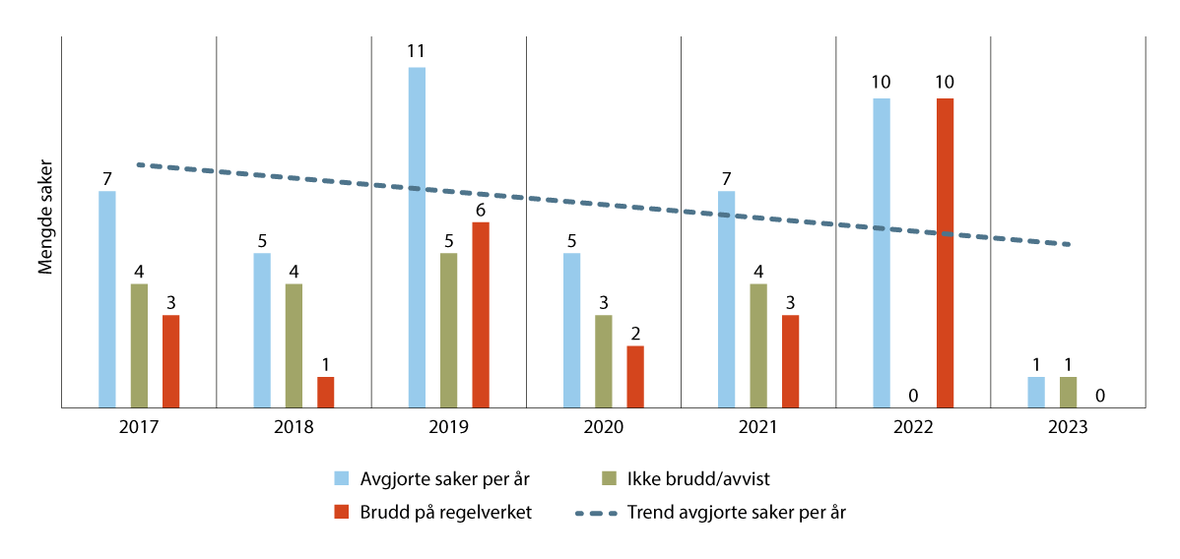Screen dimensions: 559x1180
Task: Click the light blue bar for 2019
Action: (417, 236)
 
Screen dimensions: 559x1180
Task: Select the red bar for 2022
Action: (945, 252)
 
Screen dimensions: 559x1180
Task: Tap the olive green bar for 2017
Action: (139, 344)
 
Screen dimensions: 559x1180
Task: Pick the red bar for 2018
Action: (325, 392)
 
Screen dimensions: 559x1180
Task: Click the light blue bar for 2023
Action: (1036, 392)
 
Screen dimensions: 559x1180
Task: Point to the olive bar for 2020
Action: (603, 360)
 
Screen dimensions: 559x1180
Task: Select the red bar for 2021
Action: (790, 360)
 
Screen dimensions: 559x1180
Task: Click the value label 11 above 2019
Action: (417, 51)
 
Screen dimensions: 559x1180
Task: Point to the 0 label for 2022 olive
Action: (913, 396)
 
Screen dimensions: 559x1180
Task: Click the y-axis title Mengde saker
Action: (44, 221)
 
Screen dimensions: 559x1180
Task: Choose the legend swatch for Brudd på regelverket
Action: (341, 513)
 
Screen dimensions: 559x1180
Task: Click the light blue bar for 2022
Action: (882, 252)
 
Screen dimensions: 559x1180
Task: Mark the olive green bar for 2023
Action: (1068, 392)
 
